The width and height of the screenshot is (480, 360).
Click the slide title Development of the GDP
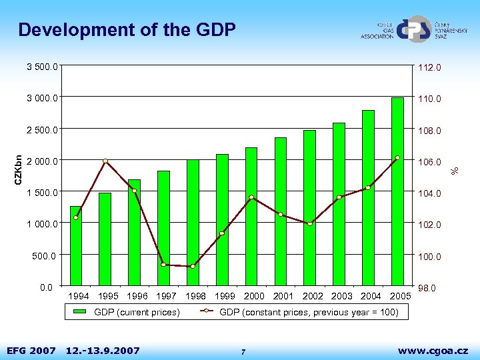[x=127, y=30]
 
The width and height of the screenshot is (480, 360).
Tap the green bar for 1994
[x=76, y=247]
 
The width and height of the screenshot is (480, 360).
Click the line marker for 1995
[x=105, y=161]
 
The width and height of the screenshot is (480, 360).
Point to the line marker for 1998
[x=193, y=267]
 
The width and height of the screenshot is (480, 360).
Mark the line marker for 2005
[x=397, y=158]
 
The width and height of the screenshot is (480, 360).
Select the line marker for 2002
[x=310, y=224]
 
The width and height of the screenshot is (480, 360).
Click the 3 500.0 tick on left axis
[x=41, y=67]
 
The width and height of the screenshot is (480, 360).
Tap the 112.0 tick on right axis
[x=429, y=67]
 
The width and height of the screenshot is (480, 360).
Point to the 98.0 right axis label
[x=427, y=288]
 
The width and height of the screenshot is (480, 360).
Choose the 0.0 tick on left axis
[x=47, y=287]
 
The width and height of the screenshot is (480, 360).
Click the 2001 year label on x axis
[x=283, y=296]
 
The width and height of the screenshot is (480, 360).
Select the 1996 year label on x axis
[x=137, y=296]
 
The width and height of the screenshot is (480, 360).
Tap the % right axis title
[x=455, y=171]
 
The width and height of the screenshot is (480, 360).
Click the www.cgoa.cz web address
[x=433, y=350]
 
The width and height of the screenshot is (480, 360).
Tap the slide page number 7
[x=244, y=351]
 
